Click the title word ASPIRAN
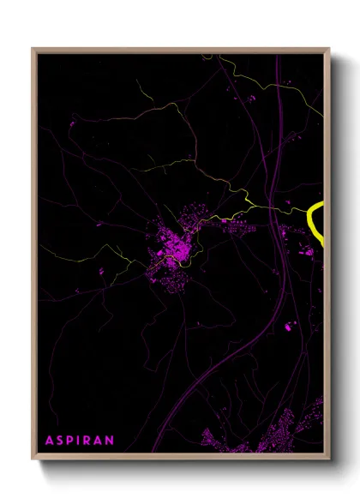coord(80,440)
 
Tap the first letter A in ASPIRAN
coord(49,440)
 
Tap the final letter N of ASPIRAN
coord(111,440)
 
